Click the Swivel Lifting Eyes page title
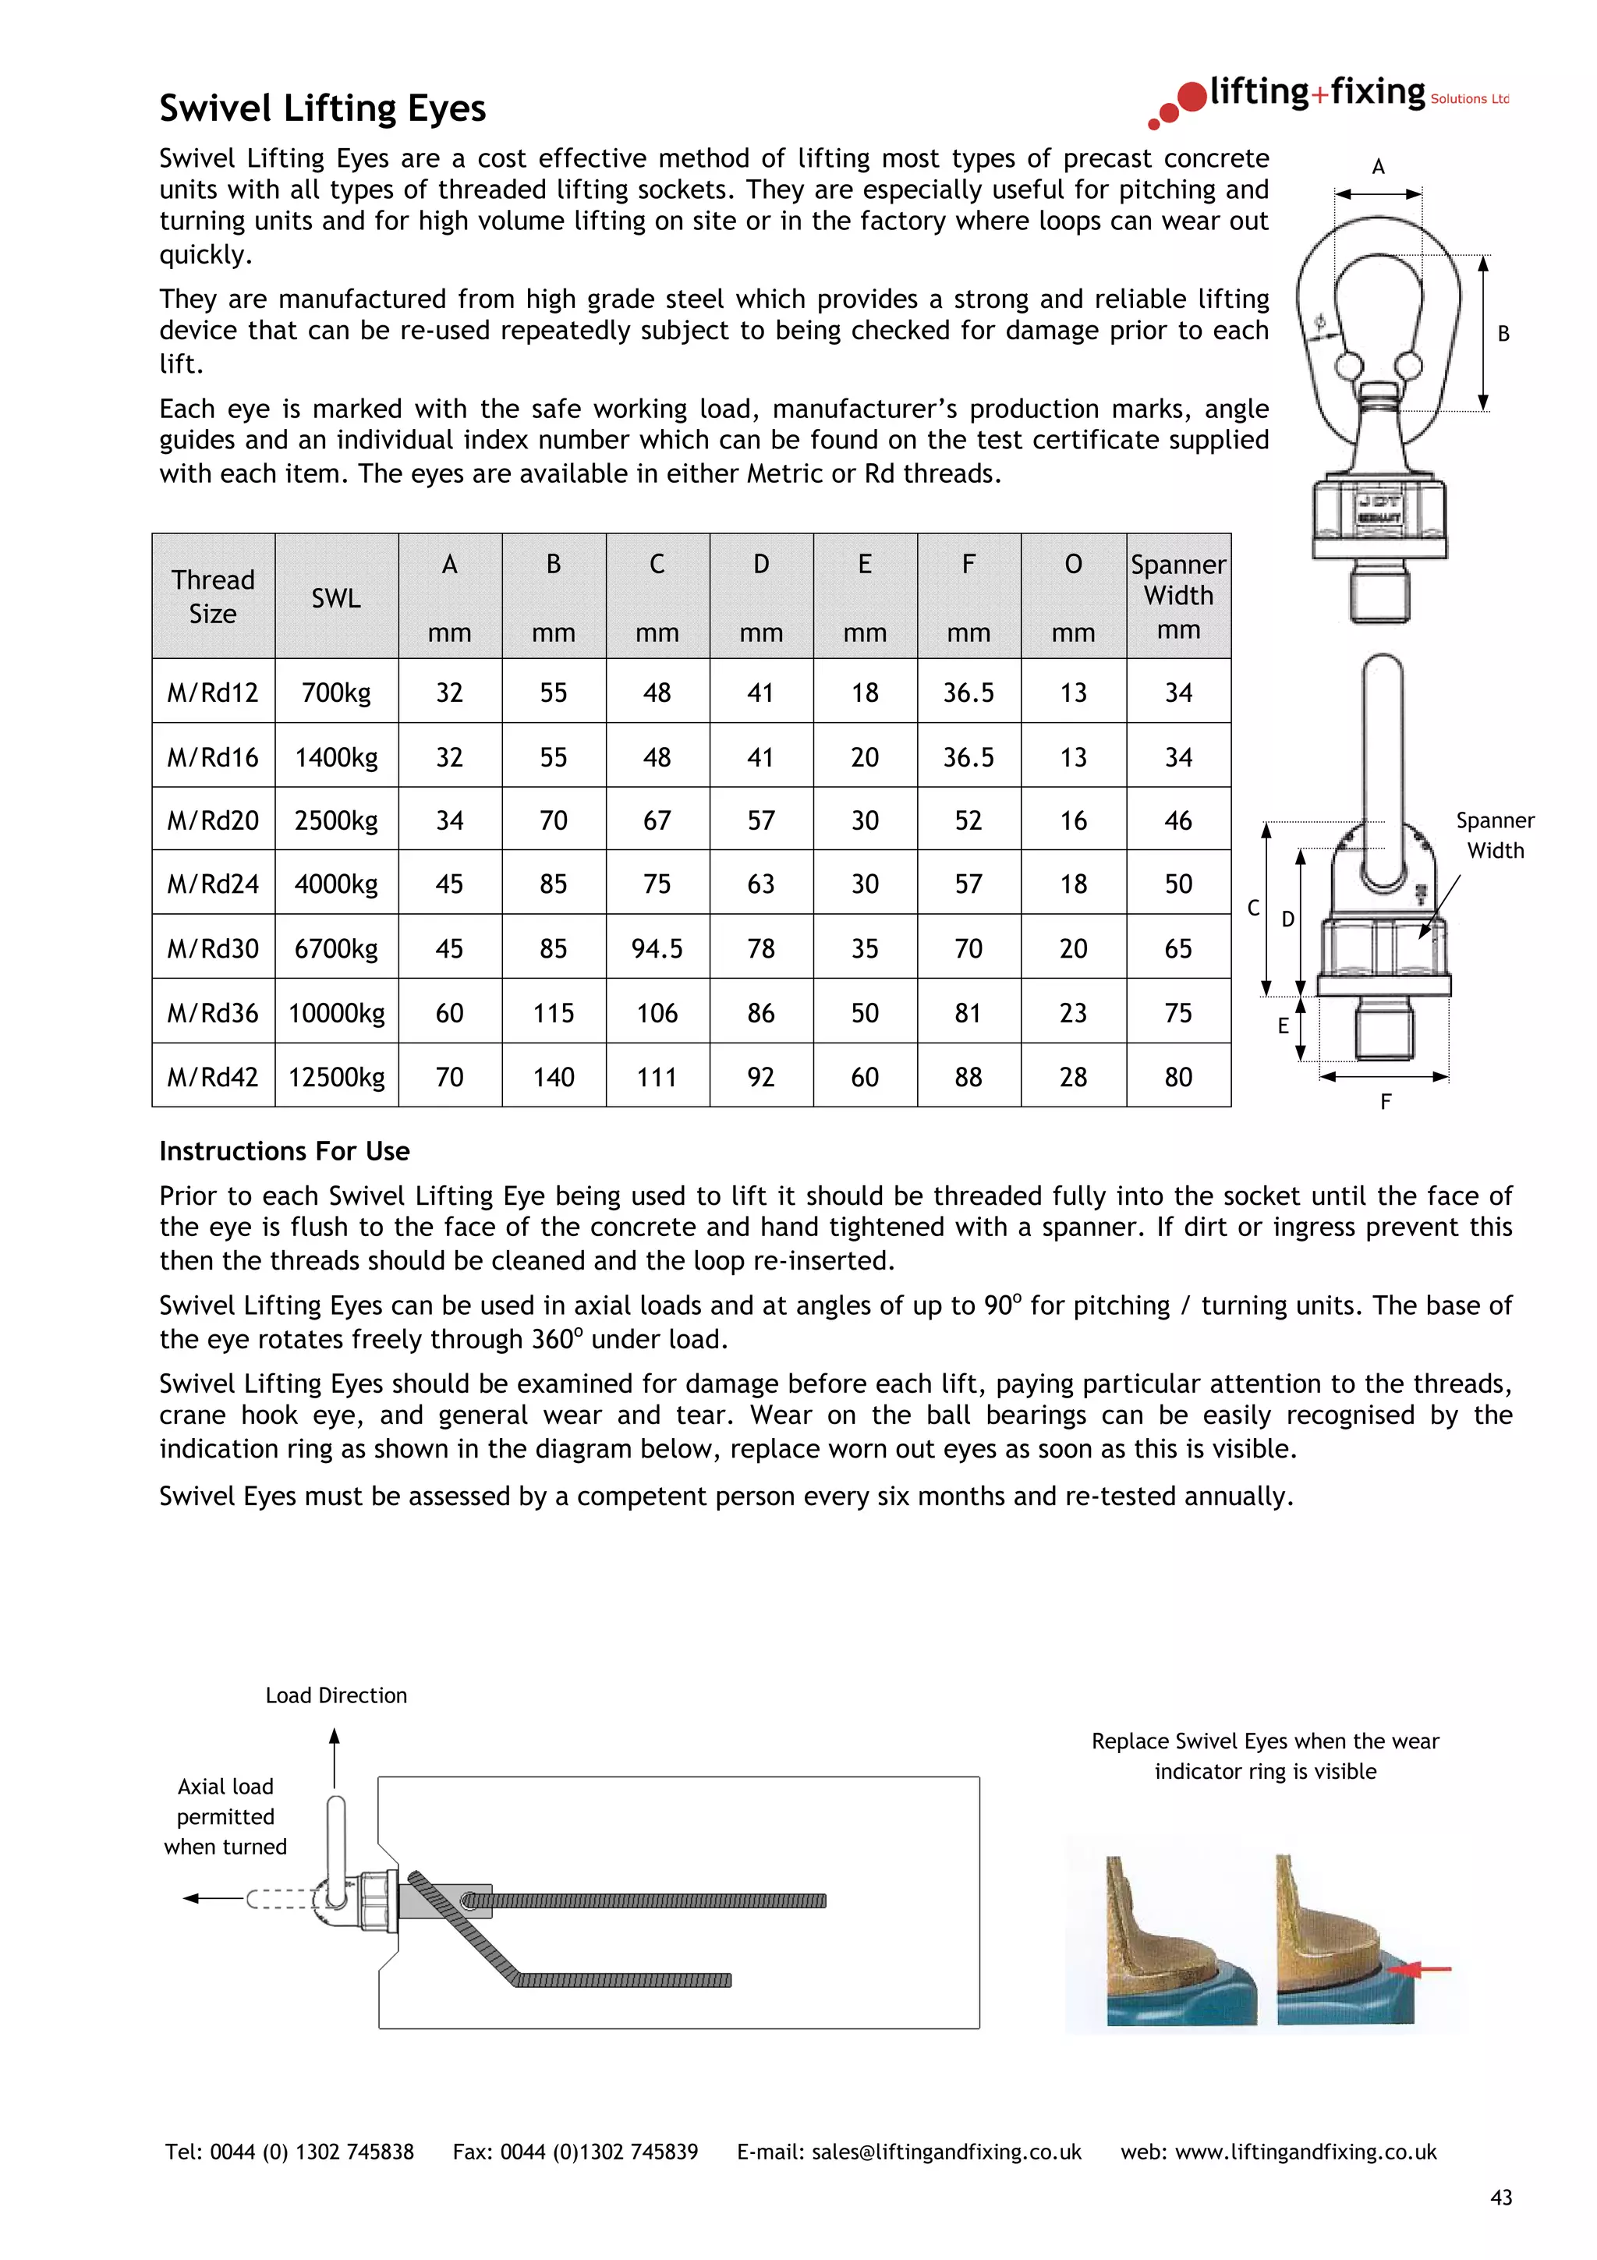coord(323,108)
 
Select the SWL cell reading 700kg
coord(337,693)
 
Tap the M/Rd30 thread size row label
coord(213,949)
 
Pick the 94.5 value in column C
coord(657,949)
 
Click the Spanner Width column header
coord(1177,596)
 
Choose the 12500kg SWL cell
coord(337,1077)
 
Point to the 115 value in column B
coord(553,1013)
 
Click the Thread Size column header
coord(213,597)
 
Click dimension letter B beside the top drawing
coord(1503,334)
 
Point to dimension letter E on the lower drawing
coord(1283,1026)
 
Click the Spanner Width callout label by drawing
coord(1495,836)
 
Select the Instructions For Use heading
coord(285,1151)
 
